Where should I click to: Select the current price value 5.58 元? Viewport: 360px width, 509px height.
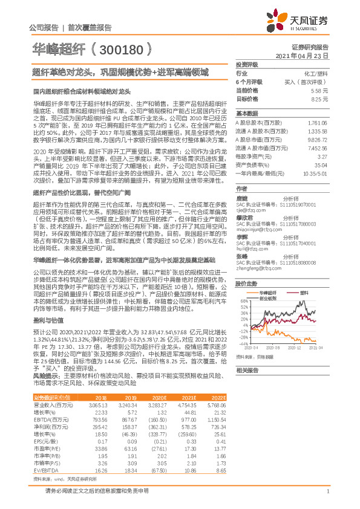click(319, 89)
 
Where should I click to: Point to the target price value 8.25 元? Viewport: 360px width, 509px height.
click(319, 98)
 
